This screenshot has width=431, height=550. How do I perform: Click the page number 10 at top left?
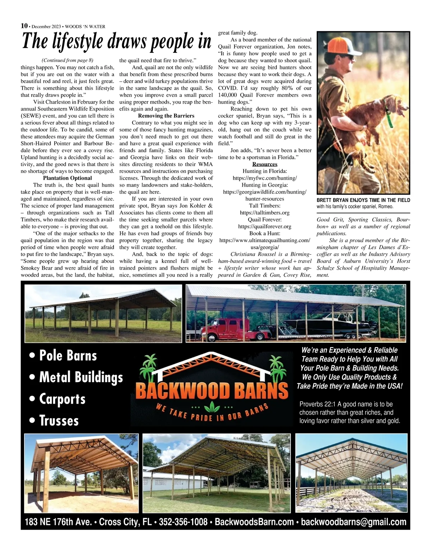[24, 25]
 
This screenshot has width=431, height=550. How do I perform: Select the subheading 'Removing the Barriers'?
[166, 116]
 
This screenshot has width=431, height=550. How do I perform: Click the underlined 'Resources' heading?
[265, 164]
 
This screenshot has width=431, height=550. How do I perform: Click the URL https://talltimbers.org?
[265, 212]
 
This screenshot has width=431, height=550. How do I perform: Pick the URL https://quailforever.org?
[265, 226]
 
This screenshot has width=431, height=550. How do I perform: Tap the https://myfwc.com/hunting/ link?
[265, 178]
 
